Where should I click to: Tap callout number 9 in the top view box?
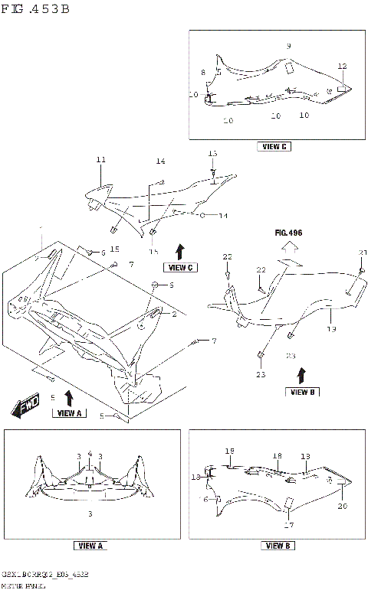[x=288, y=46]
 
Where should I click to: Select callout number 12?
[x=342, y=66]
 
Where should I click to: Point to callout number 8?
[x=203, y=72]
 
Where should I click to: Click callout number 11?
[x=100, y=159]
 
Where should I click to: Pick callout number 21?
[x=363, y=253]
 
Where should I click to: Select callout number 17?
[x=288, y=525]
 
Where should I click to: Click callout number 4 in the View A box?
[x=90, y=453]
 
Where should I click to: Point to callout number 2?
[x=174, y=314]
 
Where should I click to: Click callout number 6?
[x=103, y=253]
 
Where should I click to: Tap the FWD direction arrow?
[x=25, y=408]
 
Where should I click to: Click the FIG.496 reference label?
[x=290, y=230]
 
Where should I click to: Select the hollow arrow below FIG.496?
[x=290, y=246]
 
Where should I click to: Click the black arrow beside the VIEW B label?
[x=301, y=374]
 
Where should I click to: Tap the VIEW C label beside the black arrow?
[x=181, y=267]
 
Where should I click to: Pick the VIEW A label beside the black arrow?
[x=68, y=412]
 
